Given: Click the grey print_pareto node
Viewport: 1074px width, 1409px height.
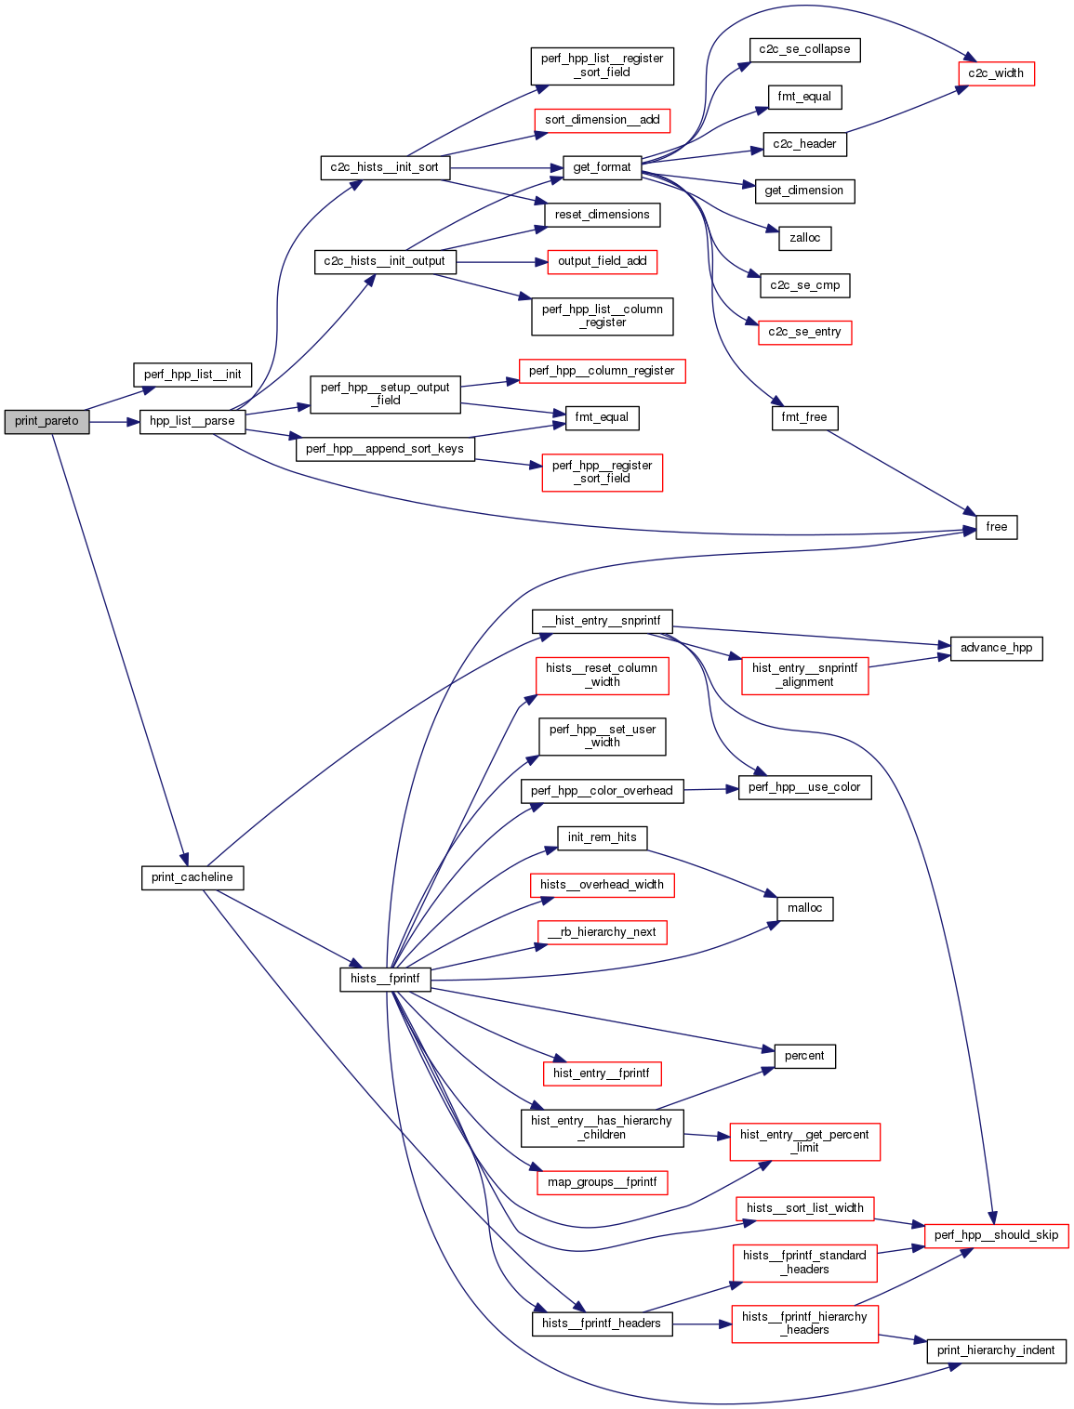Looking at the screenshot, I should click(46, 421).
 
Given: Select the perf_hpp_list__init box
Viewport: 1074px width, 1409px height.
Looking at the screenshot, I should click(192, 375).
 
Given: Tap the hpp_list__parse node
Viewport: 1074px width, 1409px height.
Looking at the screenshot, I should click(192, 421).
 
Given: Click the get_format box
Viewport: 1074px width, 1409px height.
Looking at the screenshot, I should click(602, 167).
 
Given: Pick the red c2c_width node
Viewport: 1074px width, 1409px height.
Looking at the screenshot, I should click(996, 73).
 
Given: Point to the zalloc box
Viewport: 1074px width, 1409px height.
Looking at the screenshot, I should click(804, 238).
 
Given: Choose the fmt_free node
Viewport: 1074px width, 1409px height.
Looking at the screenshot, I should click(804, 417).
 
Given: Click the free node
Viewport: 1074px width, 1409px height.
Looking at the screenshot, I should click(996, 527).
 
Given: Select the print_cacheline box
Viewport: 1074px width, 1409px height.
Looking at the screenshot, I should click(192, 877).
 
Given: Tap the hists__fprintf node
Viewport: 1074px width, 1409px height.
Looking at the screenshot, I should click(385, 979).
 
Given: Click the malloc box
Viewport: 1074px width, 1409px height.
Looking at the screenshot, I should click(804, 908).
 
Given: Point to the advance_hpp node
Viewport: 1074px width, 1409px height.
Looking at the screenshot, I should click(996, 648).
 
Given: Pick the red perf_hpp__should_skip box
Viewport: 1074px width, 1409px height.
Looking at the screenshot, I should click(996, 1235).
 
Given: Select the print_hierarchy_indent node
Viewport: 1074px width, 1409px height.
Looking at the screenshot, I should click(996, 1350).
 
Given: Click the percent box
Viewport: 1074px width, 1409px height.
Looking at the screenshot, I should click(804, 1056).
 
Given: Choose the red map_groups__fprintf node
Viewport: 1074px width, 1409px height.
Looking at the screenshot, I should click(602, 1182).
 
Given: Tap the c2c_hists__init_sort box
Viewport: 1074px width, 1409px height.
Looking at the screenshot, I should click(384, 167).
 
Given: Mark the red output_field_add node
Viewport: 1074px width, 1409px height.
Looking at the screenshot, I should click(602, 261).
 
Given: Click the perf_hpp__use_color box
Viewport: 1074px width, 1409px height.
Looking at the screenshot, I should click(804, 787).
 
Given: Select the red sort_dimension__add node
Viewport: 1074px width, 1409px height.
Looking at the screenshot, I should click(602, 120).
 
